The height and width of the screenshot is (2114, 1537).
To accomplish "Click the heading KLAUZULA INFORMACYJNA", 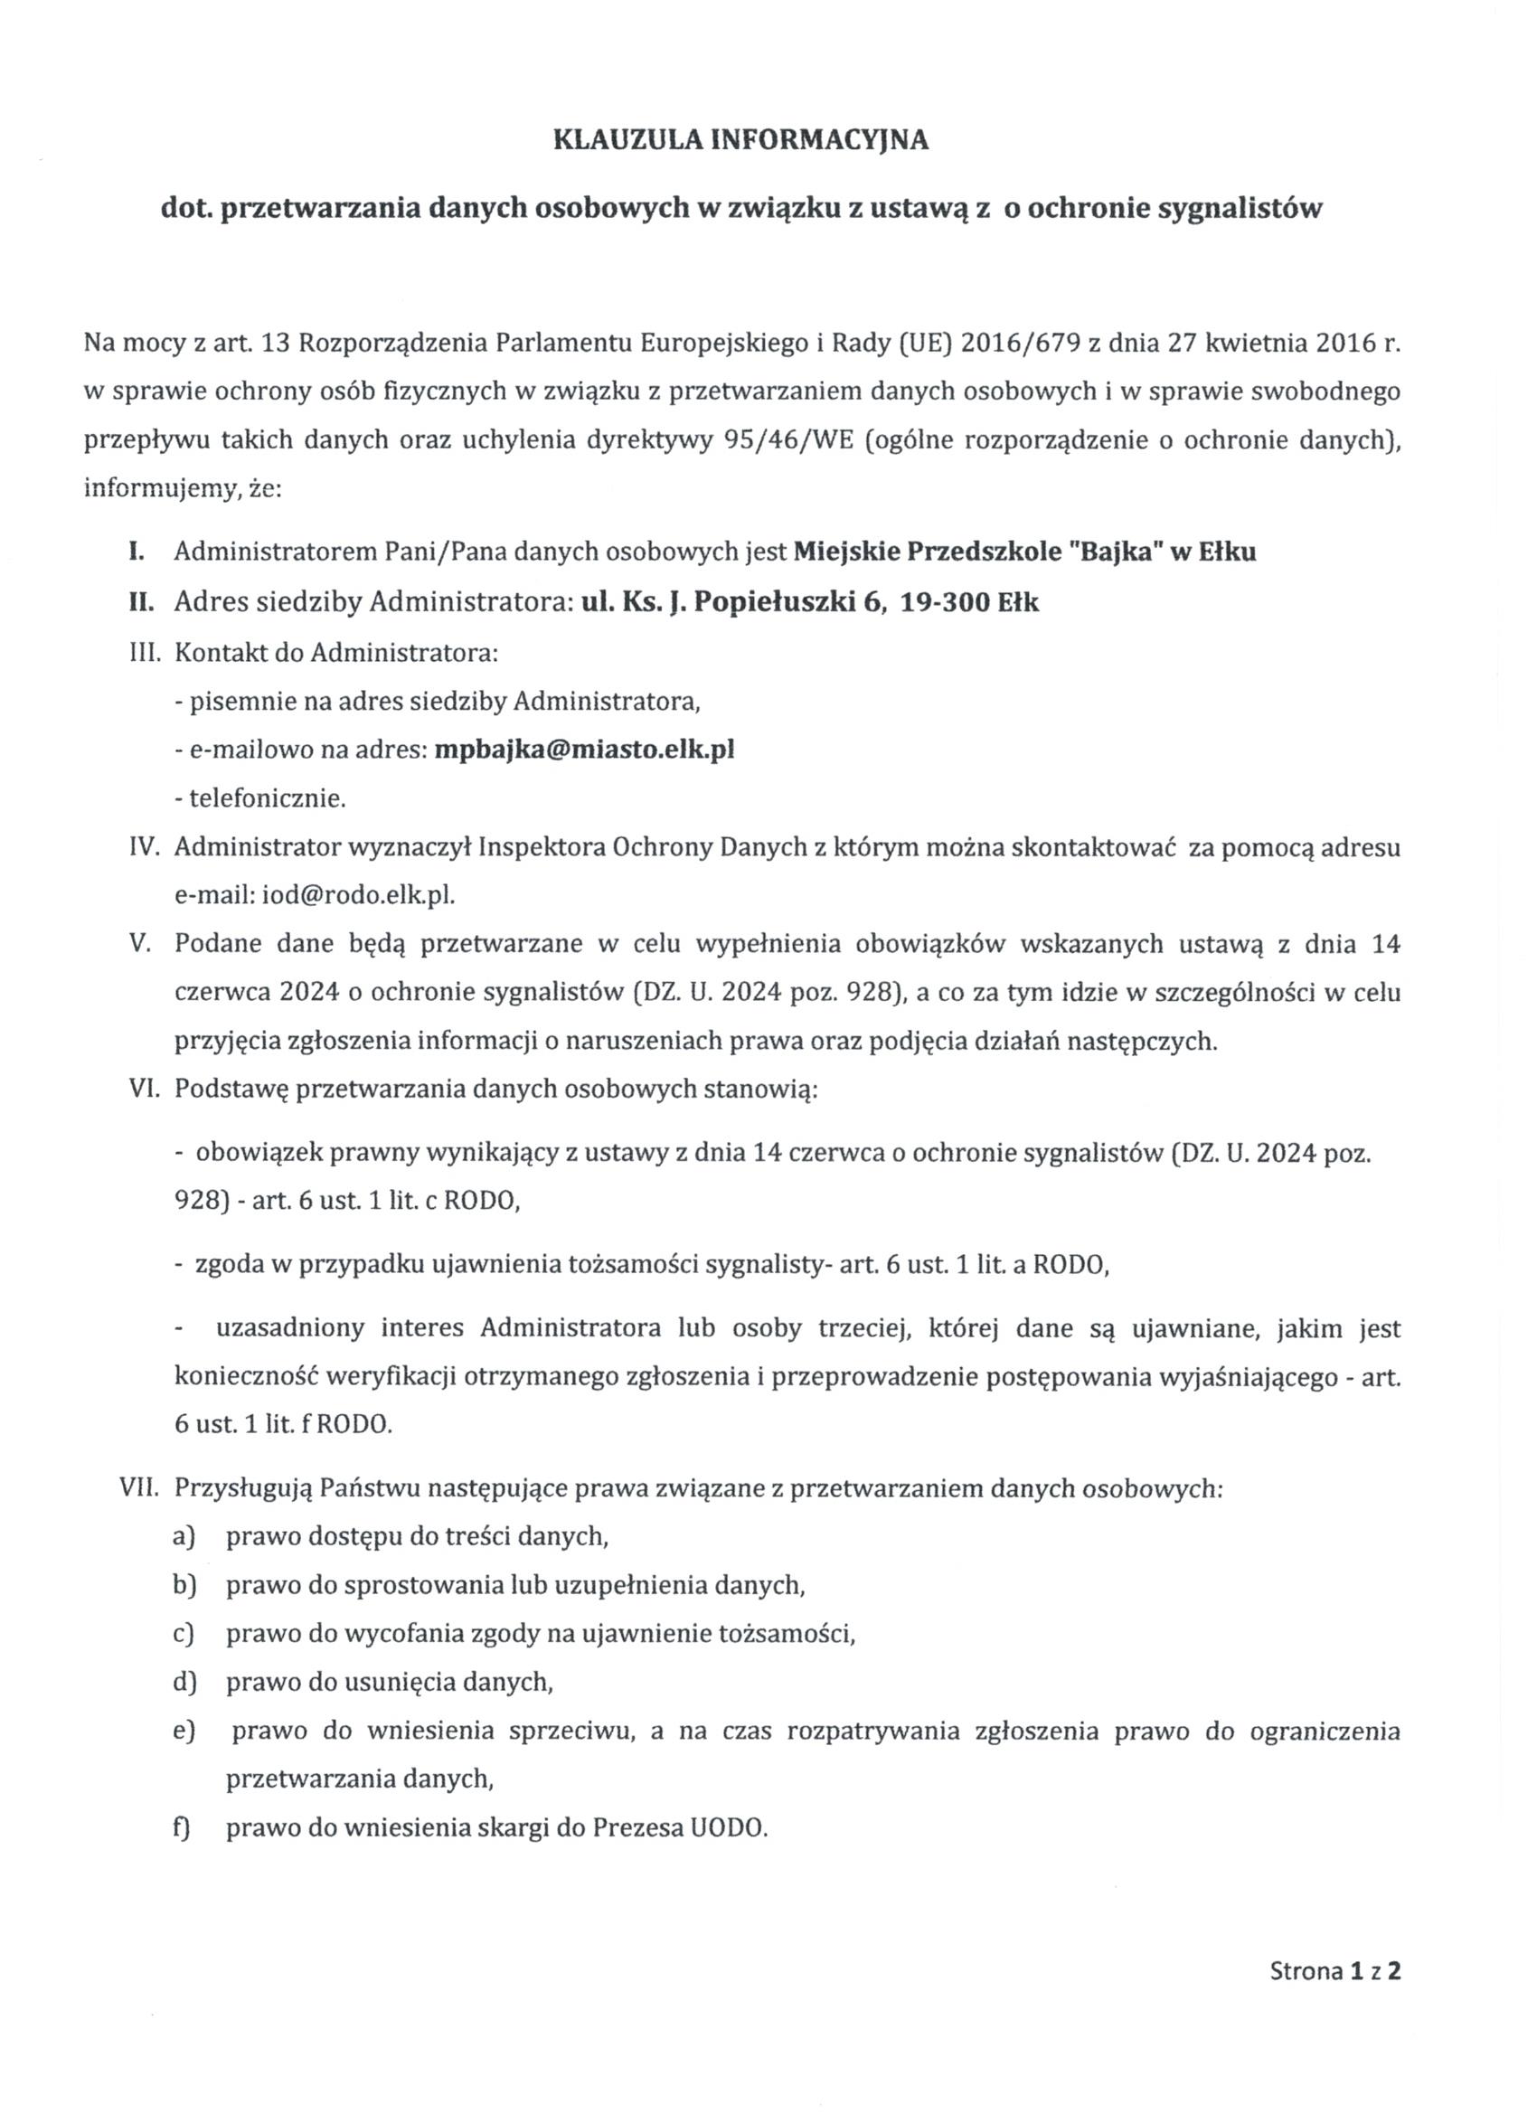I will pyautogui.click(x=741, y=140).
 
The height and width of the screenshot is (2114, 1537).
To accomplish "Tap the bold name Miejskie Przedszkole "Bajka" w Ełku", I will pyautogui.click(x=1024, y=552).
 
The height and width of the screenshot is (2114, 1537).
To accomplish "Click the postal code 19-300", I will pyautogui.click(x=946, y=602).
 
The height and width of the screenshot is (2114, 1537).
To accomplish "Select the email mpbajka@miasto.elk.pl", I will pyautogui.click(x=584, y=750).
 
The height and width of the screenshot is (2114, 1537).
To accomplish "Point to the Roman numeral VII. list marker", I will pyautogui.click(x=141, y=1487).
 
